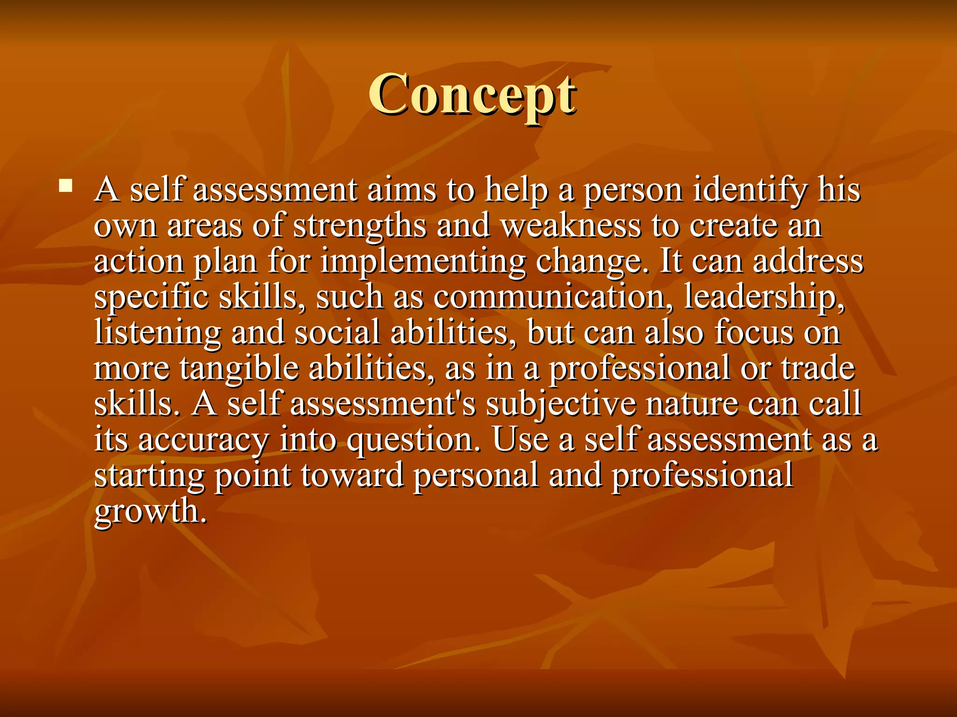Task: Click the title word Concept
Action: pos(472,94)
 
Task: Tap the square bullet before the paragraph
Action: pos(66,186)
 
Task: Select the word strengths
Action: pos(359,226)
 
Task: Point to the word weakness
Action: pos(571,225)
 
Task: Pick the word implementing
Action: pos(422,262)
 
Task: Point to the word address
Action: pos(808,261)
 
